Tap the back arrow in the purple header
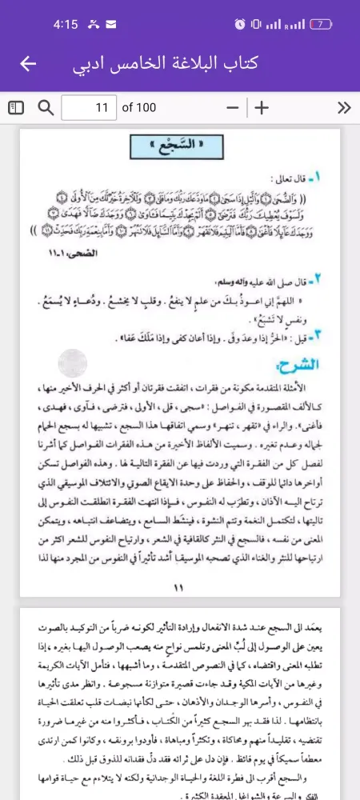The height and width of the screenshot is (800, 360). pyautogui.click(x=28, y=64)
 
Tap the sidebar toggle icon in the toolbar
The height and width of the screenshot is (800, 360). pyautogui.click(x=17, y=107)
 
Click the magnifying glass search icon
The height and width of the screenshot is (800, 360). pyautogui.click(x=46, y=107)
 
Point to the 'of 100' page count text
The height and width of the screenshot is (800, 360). pyautogui.click(x=138, y=107)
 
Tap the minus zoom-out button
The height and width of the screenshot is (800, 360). pyautogui.click(x=233, y=107)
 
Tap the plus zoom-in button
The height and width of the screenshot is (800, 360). pyautogui.click(x=262, y=107)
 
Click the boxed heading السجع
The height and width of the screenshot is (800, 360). pyautogui.click(x=178, y=147)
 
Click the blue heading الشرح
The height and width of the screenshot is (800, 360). pyautogui.click(x=298, y=365)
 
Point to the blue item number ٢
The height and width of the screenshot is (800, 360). pyautogui.click(x=317, y=279)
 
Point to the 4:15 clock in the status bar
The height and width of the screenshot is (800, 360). pyautogui.click(x=65, y=24)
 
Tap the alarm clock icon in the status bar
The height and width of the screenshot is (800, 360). pyautogui.click(x=240, y=24)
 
